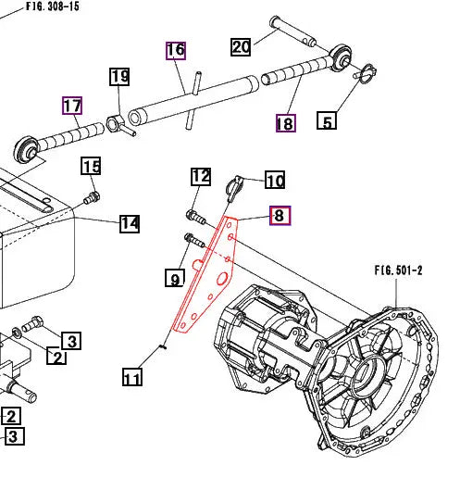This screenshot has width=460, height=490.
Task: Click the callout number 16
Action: (176, 50)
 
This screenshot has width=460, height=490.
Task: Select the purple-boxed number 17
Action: (72, 106)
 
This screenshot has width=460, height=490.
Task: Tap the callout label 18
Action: (285, 122)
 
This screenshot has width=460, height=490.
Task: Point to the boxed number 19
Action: (119, 77)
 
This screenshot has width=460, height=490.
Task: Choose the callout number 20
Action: (241, 47)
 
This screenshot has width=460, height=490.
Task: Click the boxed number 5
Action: (326, 120)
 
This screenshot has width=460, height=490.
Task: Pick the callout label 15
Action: (90, 167)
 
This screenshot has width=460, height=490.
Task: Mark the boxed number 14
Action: (129, 223)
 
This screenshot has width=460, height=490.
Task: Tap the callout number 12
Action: (201, 176)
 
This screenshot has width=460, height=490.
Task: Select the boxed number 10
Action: (275, 180)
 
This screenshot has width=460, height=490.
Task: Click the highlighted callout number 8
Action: (280, 216)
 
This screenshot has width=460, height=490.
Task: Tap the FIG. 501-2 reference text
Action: (398, 270)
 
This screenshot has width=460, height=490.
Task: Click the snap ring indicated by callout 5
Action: (363, 69)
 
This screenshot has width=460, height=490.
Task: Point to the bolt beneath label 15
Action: (91, 196)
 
